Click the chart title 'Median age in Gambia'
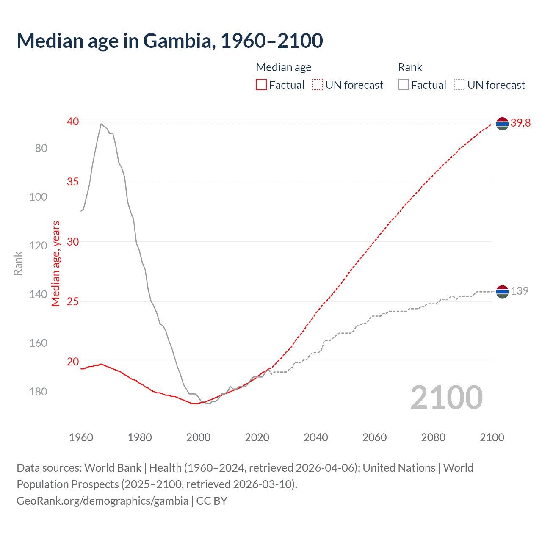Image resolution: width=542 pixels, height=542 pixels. click(170, 41)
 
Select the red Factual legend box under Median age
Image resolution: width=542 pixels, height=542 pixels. click(261, 85)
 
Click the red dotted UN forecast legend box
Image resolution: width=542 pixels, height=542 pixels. click(318, 85)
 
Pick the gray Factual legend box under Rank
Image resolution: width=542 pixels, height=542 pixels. click(403, 85)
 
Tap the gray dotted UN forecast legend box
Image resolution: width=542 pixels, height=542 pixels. click(459, 85)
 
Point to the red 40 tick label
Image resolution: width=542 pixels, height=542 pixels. click(73, 122)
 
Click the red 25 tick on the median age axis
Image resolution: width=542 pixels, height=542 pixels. click(73, 301)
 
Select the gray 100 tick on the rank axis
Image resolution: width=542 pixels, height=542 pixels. click(38, 197)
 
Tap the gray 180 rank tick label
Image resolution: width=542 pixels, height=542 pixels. click(38, 392)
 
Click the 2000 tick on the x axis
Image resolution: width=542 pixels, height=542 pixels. click(198, 437)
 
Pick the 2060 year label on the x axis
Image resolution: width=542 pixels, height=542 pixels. click(374, 437)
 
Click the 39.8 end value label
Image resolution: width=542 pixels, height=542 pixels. click(520, 123)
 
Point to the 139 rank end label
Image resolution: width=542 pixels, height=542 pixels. click(520, 291)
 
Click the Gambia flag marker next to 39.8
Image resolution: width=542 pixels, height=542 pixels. click(502, 124)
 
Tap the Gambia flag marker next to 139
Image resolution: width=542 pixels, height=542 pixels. click(502, 292)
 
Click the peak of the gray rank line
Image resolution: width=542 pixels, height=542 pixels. click(101, 124)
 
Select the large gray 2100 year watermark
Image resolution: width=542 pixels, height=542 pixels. click(446, 397)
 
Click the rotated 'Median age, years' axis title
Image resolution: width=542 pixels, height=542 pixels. click(56, 263)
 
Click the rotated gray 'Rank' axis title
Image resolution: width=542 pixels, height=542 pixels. click(18, 263)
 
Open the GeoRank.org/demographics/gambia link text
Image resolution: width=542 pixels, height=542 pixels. click(102, 501)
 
